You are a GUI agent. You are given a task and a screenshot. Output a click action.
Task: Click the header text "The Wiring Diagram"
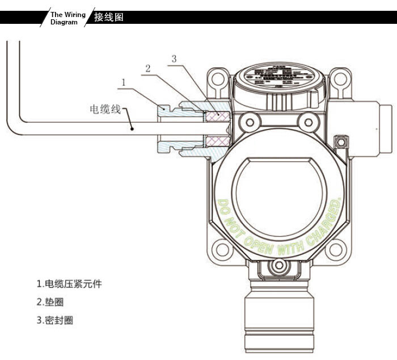click(67, 18)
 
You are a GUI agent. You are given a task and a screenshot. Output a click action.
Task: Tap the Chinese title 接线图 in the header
click(108, 17)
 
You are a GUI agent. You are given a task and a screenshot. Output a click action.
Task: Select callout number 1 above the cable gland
click(123, 82)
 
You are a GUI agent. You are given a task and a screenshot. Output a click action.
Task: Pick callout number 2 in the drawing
click(147, 68)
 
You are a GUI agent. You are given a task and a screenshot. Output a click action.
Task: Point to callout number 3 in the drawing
click(174, 58)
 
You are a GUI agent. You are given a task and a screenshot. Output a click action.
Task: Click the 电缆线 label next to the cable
click(106, 108)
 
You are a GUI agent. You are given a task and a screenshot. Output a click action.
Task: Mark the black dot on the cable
click(132, 128)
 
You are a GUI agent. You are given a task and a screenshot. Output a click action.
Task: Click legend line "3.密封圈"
click(55, 320)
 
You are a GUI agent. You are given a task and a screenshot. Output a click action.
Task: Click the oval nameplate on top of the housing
click(278, 78)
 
